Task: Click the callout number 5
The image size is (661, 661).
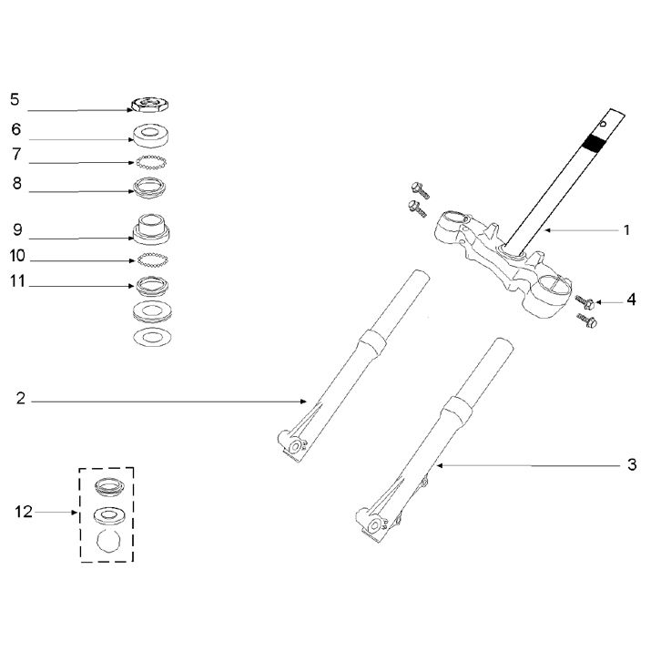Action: tap(15, 97)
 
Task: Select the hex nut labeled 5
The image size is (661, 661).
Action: tap(148, 105)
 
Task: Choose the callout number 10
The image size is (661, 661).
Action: tap(18, 256)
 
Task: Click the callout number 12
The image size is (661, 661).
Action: tap(24, 513)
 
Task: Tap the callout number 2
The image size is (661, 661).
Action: tap(21, 398)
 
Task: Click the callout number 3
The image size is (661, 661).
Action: tap(632, 465)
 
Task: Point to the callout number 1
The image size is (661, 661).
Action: tap(626, 229)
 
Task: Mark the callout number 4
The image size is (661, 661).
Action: tap(631, 298)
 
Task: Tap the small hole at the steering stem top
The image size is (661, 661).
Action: tap(605, 118)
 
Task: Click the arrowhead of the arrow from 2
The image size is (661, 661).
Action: tap(306, 401)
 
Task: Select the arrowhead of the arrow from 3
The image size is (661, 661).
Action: tap(438, 466)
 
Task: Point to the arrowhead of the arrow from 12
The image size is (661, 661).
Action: tap(78, 514)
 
